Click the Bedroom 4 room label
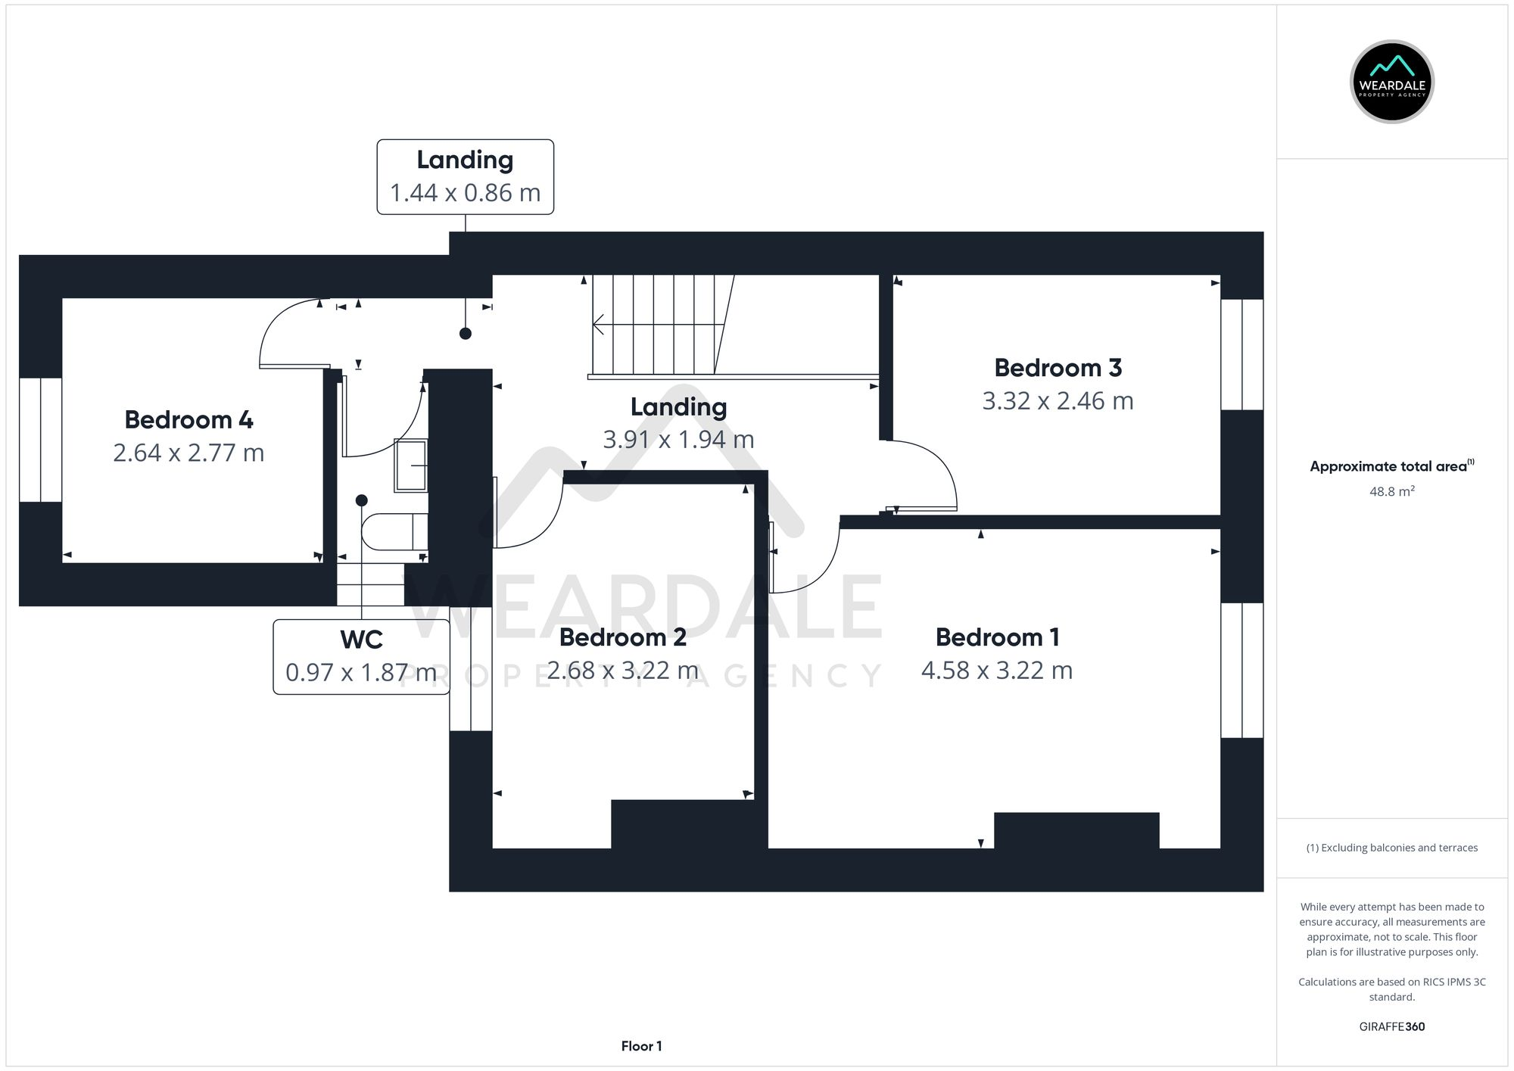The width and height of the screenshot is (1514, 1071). click(188, 419)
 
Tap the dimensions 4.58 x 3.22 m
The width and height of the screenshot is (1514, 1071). click(996, 671)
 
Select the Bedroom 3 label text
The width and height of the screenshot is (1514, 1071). click(1058, 368)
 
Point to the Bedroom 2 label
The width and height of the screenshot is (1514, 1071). click(622, 637)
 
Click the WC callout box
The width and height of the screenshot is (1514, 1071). click(361, 656)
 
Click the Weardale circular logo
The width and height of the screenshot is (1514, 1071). click(1391, 82)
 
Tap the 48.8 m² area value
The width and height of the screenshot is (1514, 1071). click(1391, 491)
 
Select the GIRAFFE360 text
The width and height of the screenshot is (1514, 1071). click(1391, 1026)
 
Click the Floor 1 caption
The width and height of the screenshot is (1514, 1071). click(641, 1046)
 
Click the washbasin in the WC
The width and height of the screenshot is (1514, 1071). click(411, 465)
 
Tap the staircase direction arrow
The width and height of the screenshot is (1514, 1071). click(600, 325)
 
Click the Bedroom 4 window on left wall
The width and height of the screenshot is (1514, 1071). click(40, 440)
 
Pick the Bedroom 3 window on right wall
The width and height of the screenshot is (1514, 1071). click(1241, 354)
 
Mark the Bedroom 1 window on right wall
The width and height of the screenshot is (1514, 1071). click(1241, 670)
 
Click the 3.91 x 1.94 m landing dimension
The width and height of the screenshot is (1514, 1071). click(678, 440)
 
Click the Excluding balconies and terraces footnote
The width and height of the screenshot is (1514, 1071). click(1391, 848)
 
